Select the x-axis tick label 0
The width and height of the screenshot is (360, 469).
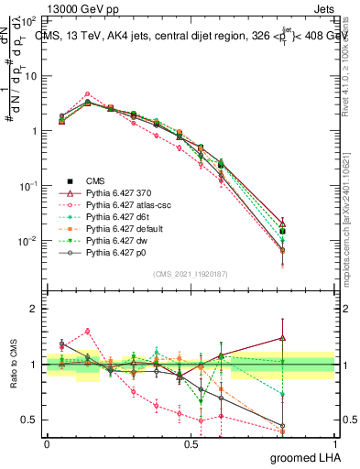(47, 445)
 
